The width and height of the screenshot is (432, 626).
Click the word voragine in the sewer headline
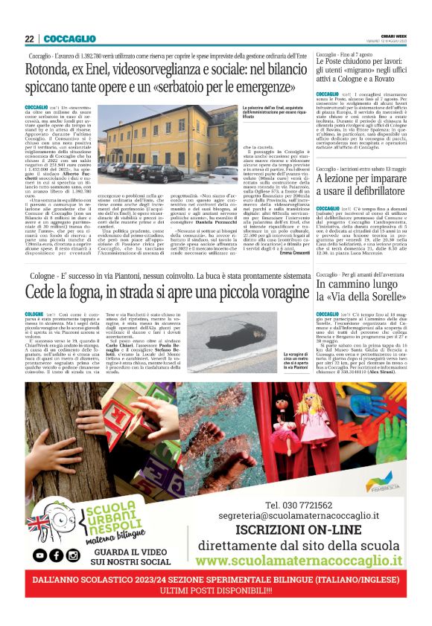point(261,289)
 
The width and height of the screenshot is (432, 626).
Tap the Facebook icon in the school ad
point(55,555)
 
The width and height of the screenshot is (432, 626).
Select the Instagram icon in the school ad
point(73,555)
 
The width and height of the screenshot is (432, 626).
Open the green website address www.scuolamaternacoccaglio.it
point(299,560)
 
